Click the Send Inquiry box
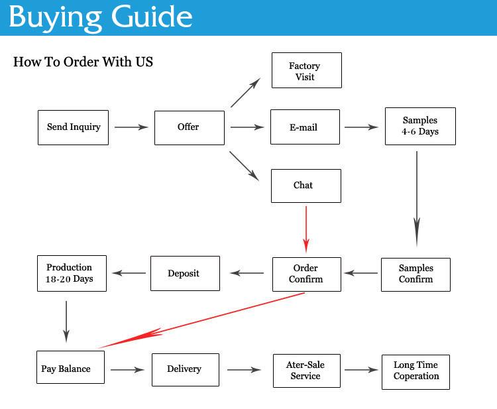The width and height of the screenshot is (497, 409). [x=73, y=127]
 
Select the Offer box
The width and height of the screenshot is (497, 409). [x=189, y=127]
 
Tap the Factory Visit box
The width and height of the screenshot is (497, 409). [x=306, y=70]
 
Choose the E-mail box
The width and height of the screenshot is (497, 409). [x=305, y=127]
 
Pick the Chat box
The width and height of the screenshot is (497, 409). [x=305, y=186]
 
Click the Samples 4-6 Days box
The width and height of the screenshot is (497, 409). [x=420, y=126]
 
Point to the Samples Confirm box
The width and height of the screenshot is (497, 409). [x=415, y=274]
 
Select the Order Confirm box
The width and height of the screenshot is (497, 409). [x=306, y=274]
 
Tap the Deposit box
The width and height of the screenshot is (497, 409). [x=184, y=273]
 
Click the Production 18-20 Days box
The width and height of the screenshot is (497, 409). [x=70, y=273]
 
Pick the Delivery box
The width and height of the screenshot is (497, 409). [x=185, y=369]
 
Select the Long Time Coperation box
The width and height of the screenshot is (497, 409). [x=416, y=371]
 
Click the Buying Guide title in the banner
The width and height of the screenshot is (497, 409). [x=101, y=17]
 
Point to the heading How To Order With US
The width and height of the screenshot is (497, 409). [x=83, y=62]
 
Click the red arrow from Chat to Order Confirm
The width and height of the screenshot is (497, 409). [x=306, y=229]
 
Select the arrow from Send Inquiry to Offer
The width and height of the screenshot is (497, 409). [x=131, y=127]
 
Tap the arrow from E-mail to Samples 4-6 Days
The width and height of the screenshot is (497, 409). [x=361, y=127]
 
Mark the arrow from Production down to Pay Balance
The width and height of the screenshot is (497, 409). [x=67, y=321]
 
